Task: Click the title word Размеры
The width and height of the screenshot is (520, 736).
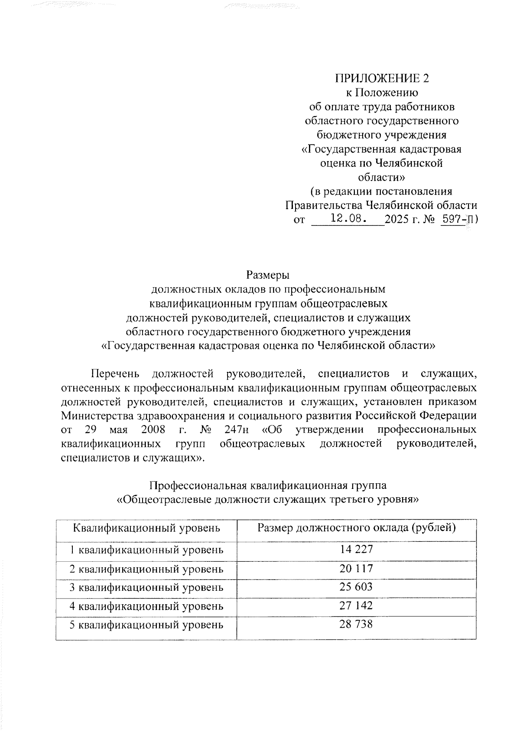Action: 267,275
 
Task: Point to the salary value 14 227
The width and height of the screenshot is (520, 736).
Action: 356,550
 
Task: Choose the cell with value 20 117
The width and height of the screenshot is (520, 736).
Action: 356,568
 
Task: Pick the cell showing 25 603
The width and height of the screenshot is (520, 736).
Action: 356,587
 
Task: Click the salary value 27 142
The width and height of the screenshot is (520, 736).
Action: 356,606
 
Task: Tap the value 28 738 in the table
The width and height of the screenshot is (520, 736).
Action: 356,624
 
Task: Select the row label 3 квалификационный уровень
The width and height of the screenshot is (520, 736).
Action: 146,587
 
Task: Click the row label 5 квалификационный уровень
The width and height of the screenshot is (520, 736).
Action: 146,625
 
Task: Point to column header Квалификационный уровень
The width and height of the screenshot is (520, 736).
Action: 146,528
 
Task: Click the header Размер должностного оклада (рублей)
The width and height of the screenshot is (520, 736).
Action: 356,528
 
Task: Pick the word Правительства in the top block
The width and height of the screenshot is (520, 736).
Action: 324,205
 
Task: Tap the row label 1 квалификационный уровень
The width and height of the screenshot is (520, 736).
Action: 146,550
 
